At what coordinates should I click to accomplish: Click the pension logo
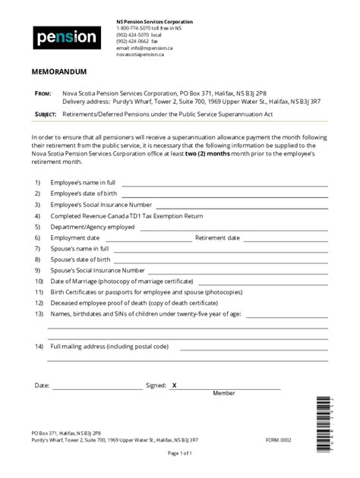(x=66, y=36)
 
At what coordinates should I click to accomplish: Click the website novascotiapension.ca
(x=141, y=55)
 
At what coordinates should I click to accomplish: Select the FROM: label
(x=43, y=93)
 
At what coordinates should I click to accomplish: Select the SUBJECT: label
(x=46, y=114)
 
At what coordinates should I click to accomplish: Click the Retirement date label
(x=217, y=237)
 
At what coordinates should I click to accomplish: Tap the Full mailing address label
(x=109, y=346)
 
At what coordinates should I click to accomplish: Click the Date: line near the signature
(x=97, y=386)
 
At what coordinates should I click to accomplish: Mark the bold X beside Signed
(x=174, y=385)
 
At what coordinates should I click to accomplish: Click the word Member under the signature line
(x=224, y=394)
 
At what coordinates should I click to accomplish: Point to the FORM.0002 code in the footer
(x=278, y=439)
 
